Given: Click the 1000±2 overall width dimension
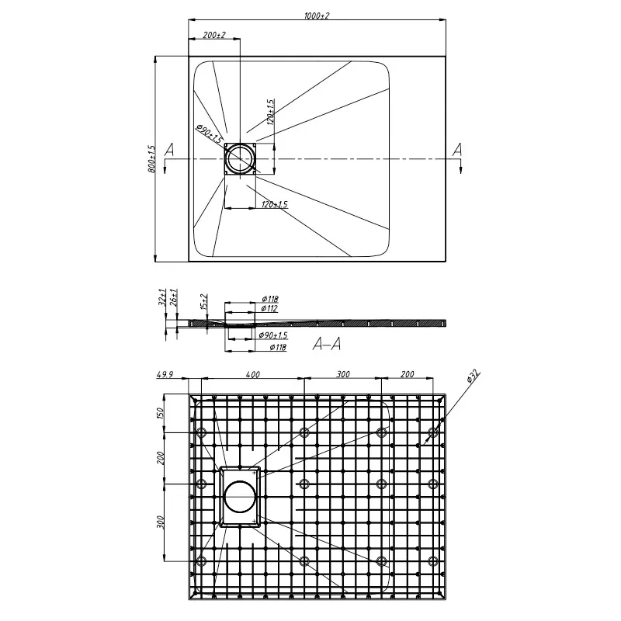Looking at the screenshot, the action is (317, 16).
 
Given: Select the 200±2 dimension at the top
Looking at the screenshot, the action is (214, 35).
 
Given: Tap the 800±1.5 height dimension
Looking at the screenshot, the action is (151, 158).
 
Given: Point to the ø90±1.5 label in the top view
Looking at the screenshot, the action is (209, 134).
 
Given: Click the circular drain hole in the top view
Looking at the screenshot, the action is (240, 158).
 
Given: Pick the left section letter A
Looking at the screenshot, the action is (169, 150).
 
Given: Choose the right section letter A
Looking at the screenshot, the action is (457, 150).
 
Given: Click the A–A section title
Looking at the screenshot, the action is (327, 344).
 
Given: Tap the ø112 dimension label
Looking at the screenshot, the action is (269, 308).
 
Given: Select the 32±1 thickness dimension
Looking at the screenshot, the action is (162, 297).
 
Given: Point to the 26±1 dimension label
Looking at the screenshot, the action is (173, 297).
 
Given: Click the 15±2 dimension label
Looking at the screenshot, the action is (203, 302).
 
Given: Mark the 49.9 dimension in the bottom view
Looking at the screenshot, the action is (165, 374).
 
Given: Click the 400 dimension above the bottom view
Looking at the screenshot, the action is (253, 374).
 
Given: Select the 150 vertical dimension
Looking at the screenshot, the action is (161, 415).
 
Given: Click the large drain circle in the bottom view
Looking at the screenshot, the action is (240, 497).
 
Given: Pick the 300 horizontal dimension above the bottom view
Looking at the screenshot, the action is (343, 374).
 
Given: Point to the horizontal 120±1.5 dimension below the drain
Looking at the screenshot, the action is (275, 204).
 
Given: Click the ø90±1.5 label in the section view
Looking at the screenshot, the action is (273, 335).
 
